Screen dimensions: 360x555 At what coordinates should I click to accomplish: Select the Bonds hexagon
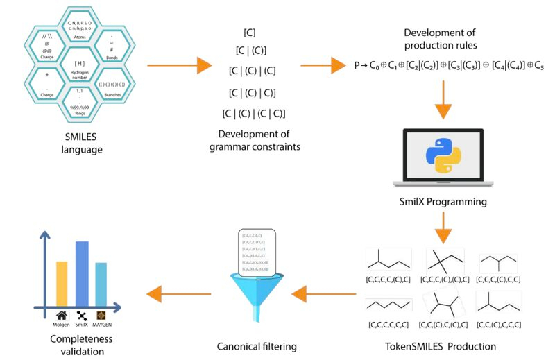click(x=112, y=47)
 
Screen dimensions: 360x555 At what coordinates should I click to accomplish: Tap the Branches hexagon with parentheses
click(x=112, y=87)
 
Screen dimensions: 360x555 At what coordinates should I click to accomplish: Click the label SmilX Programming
click(x=443, y=202)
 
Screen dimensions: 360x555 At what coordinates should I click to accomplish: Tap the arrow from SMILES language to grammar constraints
click(x=179, y=67)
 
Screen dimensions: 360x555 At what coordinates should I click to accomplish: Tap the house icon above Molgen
click(x=61, y=314)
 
